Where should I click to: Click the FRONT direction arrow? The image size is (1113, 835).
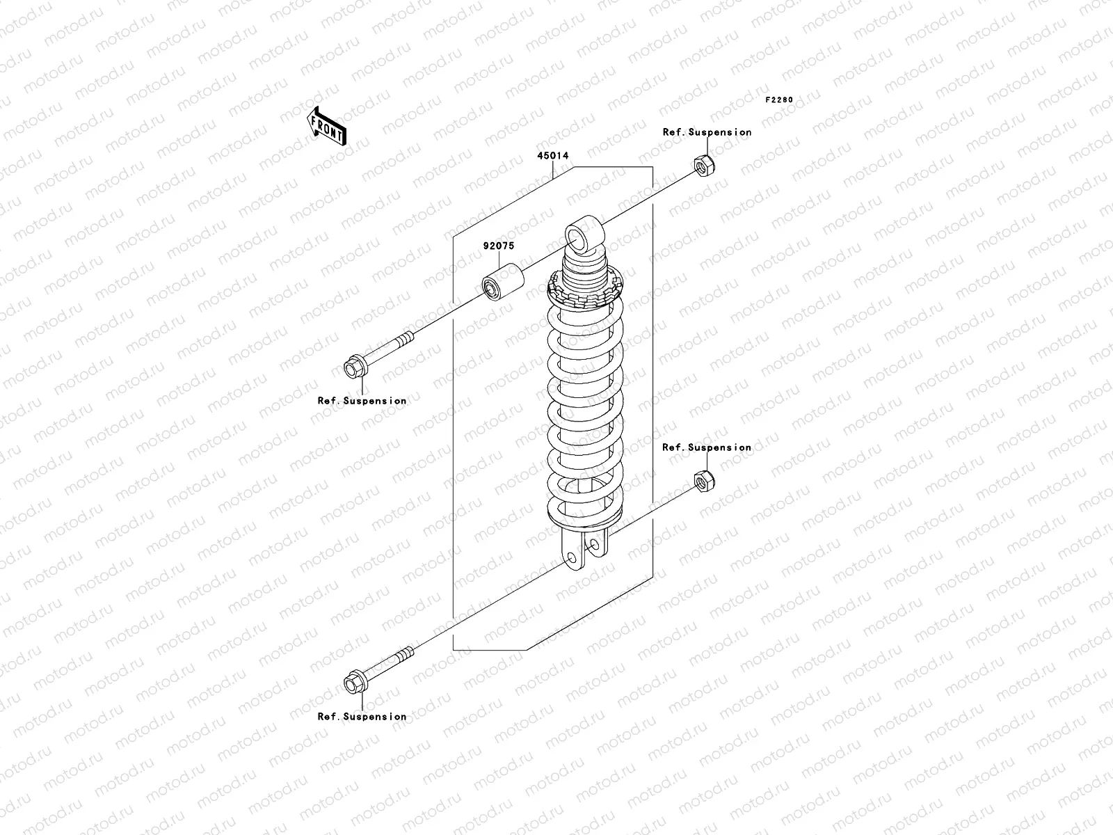tap(327, 125)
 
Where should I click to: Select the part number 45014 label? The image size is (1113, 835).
tap(552, 156)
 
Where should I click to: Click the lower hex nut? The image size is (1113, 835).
tap(703, 481)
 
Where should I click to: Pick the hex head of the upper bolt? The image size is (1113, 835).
tap(353, 367)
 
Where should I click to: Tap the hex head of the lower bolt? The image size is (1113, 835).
tap(353, 683)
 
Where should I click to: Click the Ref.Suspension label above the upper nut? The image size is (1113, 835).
tap(707, 132)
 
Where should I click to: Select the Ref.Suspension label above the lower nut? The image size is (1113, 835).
tap(707, 447)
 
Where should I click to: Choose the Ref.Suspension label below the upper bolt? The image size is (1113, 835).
tap(362, 401)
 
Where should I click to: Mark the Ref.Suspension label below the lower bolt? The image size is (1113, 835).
tap(362, 717)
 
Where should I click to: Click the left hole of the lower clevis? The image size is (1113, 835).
tap(571, 558)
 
